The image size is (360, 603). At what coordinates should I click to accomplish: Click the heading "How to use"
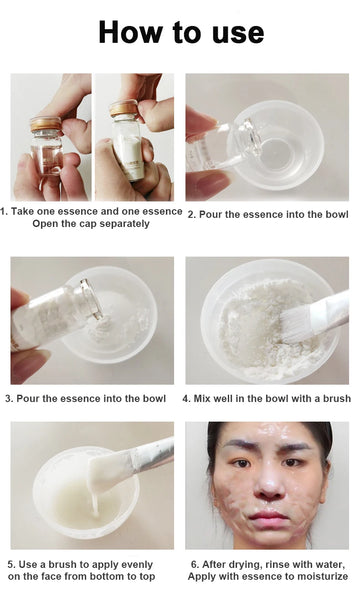180,32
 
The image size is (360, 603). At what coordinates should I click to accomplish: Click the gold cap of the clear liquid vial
45,124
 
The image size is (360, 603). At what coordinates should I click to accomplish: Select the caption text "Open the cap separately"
91,223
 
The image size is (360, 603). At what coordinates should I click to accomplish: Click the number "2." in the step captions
192,213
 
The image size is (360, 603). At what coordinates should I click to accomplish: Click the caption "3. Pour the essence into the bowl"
85,399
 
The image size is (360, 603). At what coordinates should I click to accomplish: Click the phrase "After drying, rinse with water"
273,563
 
